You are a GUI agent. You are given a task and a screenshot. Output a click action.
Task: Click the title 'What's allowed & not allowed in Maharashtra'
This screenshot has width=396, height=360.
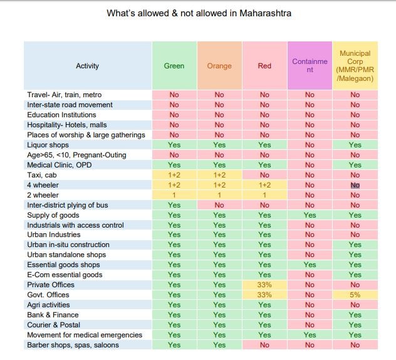click(x=199, y=13)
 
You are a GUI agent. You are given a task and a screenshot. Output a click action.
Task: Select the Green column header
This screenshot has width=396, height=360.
click(x=174, y=66)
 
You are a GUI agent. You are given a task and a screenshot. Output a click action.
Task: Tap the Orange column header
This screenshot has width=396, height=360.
click(x=219, y=66)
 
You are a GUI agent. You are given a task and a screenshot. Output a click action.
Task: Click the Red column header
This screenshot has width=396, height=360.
click(x=264, y=66)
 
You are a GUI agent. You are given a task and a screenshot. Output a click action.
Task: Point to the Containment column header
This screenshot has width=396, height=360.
click(x=310, y=66)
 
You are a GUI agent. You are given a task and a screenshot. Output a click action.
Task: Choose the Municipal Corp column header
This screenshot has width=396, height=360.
click(x=355, y=66)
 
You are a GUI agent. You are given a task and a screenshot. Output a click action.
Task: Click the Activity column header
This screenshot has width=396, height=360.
click(x=87, y=66)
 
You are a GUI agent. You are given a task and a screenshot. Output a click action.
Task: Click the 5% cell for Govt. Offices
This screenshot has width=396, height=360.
click(x=355, y=295)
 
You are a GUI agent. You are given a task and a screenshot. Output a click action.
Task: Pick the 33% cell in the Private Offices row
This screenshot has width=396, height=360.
click(x=264, y=285)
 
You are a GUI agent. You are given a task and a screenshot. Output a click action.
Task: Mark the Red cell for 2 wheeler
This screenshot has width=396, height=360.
click(x=264, y=195)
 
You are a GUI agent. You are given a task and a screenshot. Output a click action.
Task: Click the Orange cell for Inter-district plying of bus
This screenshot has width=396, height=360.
click(x=219, y=205)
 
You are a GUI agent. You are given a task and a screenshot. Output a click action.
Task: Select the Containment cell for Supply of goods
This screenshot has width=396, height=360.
click(x=310, y=215)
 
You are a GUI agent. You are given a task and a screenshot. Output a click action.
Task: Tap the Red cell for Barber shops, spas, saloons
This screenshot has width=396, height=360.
click(x=264, y=345)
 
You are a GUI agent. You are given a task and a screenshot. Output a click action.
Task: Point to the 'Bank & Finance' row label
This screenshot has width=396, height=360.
click(x=53, y=315)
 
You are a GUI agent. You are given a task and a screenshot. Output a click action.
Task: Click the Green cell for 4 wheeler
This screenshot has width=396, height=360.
click(x=174, y=185)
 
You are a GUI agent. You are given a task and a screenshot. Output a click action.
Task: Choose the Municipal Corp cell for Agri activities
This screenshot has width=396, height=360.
click(x=355, y=305)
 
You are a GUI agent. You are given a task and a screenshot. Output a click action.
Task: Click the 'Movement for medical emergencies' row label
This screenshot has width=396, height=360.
click(x=76, y=335)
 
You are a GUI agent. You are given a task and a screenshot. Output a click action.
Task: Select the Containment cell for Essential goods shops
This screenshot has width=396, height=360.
click(x=310, y=265)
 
